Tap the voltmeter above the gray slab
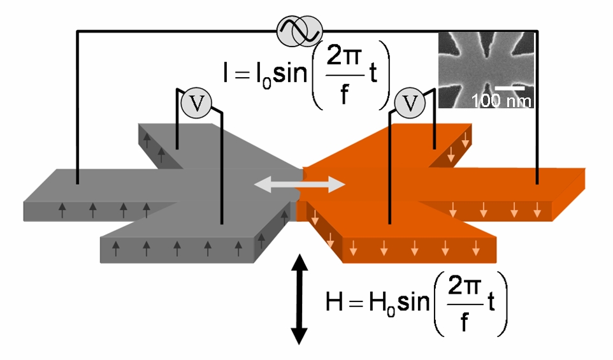click(195, 104)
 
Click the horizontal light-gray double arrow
click(299, 185)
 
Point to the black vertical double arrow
click(299, 299)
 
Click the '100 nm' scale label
click(501, 101)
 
